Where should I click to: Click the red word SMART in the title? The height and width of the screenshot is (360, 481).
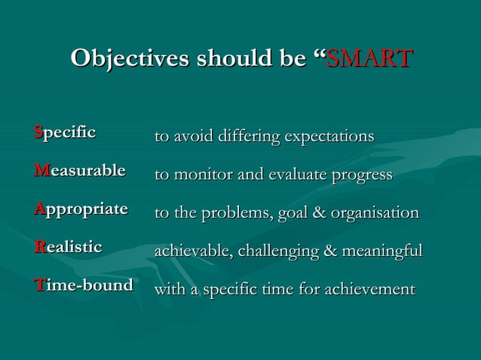pyautogui.click(x=369, y=58)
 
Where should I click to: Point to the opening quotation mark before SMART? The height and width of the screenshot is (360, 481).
pyautogui.click(x=317, y=54)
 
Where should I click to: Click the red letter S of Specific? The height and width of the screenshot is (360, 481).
pyautogui.click(x=38, y=133)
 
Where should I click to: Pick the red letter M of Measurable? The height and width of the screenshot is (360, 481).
pyautogui.click(x=39, y=171)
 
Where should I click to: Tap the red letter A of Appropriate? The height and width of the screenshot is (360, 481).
pyautogui.click(x=39, y=209)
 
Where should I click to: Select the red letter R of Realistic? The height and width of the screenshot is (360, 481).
pyautogui.click(x=38, y=246)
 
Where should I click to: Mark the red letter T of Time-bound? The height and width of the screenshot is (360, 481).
pyautogui.click(x=38, y=284)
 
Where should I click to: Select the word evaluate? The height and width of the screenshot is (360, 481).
pyautogui.click(x=293, y=175)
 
